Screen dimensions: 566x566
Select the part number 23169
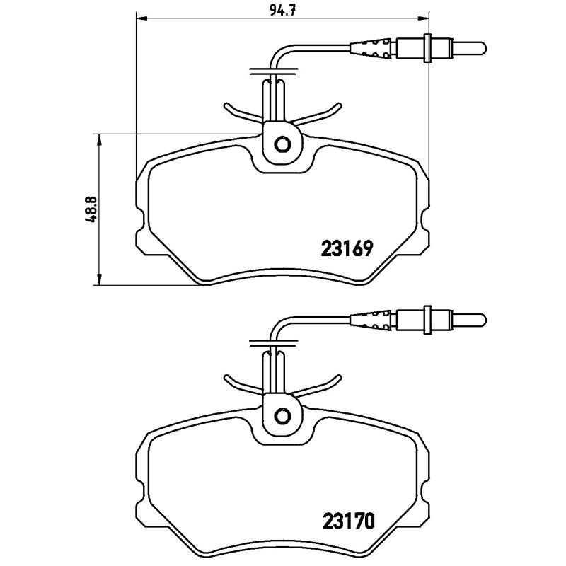(x=347, y=249)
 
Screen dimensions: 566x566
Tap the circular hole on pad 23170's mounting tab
(x=282, y=415)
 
